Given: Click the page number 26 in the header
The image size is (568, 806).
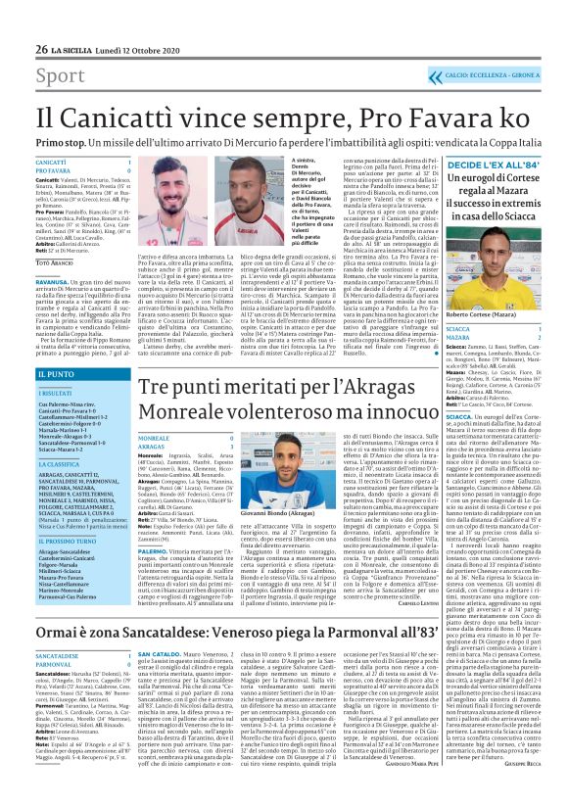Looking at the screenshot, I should point(14,21).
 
